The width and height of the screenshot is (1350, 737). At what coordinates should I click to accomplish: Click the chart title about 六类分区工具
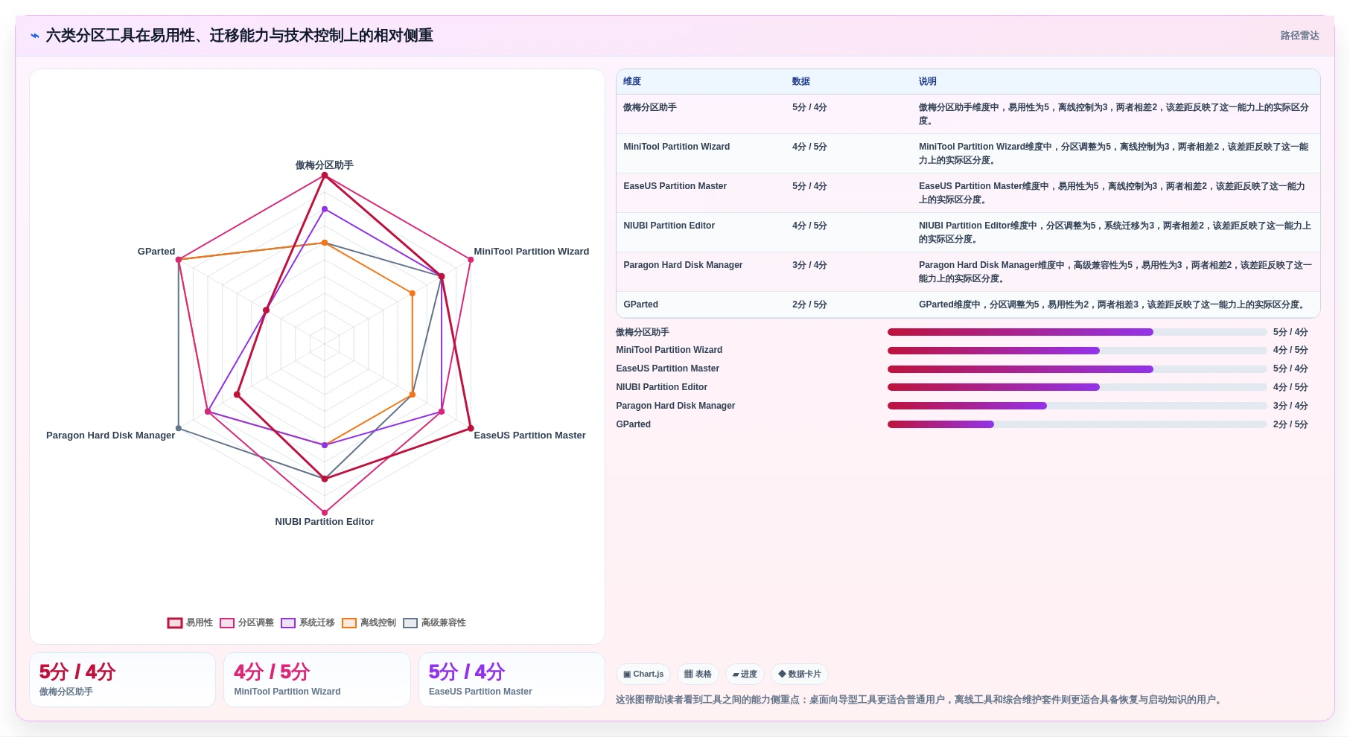(239, 36)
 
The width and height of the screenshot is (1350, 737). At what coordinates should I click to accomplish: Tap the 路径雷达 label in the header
(1299, 36)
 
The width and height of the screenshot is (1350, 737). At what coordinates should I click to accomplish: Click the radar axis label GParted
(156, 252)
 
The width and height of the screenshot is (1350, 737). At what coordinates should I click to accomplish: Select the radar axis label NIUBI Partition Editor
(325, 522)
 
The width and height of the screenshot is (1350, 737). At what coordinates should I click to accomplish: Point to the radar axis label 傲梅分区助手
(325, 165)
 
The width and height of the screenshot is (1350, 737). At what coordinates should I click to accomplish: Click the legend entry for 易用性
(191, 623)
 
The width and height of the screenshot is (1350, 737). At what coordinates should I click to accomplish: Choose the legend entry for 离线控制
(369, 623)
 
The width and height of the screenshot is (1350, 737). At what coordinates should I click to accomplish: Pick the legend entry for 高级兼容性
(435, 623)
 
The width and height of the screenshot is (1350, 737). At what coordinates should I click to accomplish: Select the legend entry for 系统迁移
(308, 623)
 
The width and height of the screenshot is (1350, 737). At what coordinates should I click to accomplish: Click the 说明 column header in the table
(927, 82)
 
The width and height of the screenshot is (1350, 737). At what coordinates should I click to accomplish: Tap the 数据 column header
(800, 82)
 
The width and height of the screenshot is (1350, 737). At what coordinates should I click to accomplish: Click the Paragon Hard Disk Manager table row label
(683, 265)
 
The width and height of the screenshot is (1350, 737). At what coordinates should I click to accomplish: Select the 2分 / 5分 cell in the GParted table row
(809, 304)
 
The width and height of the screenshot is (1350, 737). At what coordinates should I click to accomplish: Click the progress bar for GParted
(1077, 424)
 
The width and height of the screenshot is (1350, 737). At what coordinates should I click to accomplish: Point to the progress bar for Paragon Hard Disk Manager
(1077, 406)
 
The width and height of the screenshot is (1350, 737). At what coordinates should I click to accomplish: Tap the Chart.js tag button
(643, 674)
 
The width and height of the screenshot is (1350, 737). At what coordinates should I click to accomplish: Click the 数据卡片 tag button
(800, 674)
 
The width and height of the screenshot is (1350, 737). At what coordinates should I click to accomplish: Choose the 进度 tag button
(745, 674)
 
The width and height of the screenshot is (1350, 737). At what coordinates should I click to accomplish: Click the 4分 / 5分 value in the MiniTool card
(272, 672)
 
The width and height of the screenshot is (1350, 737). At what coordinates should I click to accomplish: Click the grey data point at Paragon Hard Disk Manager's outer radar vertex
(179, 428)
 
